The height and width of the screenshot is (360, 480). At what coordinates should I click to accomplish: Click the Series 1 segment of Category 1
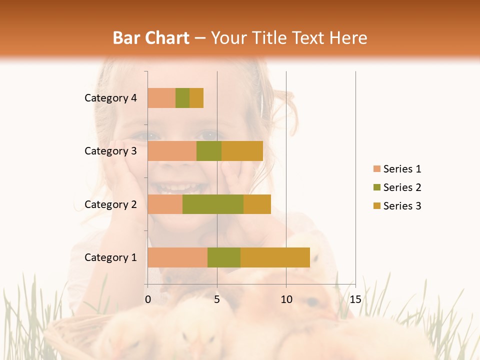point(177,257)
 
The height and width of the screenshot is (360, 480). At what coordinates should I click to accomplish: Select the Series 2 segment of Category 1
point(224,257)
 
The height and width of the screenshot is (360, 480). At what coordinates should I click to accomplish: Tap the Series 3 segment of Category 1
point(275,257)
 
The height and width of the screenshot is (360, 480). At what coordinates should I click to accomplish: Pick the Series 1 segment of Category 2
point(165,204)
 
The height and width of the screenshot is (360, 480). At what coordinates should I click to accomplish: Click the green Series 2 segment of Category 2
point(213,204)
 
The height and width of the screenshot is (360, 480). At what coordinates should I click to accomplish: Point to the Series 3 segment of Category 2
point(257,204)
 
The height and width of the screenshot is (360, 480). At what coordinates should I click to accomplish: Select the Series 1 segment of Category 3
point(172,151)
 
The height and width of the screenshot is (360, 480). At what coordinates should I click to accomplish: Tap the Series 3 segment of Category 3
point(242,151)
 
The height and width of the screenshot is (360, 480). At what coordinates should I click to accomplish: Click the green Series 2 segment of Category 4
point(182,98)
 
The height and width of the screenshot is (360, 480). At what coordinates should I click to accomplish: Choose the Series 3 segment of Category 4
point(196,98)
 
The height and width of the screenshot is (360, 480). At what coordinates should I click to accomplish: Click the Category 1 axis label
point(110,257)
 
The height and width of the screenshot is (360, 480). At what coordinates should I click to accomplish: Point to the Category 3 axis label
point(110,151)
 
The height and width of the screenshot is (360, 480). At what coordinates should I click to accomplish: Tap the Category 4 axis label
point(110,98)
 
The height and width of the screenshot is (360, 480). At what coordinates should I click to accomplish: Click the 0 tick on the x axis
point(148,299)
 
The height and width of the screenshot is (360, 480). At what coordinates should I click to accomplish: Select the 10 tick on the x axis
point(286,299)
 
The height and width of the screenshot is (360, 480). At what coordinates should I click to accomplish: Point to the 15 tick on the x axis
point(355,299)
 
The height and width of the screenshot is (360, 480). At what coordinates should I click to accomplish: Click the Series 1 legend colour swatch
point(376,169)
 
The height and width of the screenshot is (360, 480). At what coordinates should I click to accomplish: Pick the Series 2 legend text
point(402,187)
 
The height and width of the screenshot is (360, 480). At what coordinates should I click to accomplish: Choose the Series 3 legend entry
point(397,206)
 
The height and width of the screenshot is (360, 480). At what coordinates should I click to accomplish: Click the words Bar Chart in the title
point(151,37)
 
